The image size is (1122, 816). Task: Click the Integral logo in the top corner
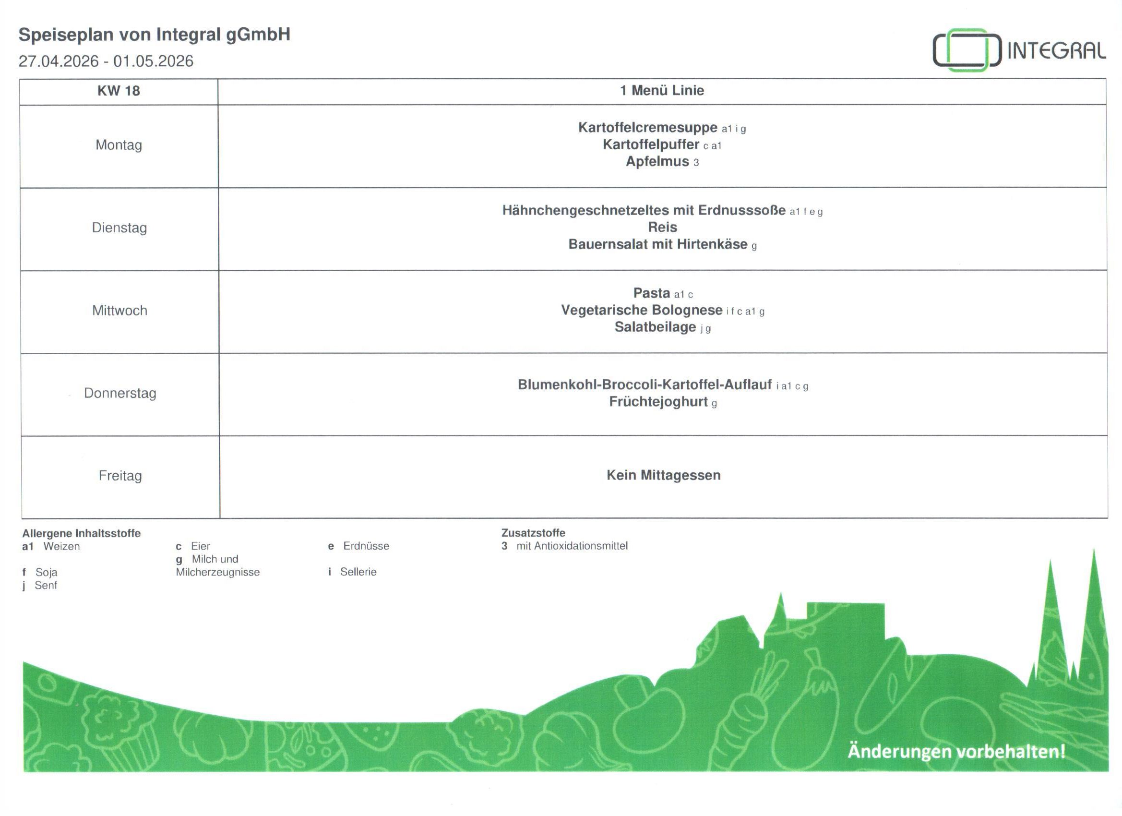[x=1019, y=50]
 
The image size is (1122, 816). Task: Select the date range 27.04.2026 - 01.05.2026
[x=106, y=61]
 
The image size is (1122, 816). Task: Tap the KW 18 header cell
[x=119, y=91]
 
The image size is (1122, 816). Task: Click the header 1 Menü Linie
[x=662, y=91]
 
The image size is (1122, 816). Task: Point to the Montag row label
[x=119, y=145]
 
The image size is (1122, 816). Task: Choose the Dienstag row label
[x=119, y=228]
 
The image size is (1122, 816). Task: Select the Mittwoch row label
[x=119, y=311]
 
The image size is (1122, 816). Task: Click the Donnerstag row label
[x=120, y=394]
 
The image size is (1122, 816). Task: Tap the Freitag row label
[x=120, y=476]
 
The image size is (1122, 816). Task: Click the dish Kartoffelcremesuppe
[x=647, y=128]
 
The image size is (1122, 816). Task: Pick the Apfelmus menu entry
[x=657, y=161]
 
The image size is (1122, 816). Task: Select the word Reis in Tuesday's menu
[x=662, y=227]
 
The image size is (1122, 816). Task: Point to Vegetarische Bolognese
[x=642, y=310]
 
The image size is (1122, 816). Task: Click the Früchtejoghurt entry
[x=658, y=402]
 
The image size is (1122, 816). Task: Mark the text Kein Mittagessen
[x=663, y=475]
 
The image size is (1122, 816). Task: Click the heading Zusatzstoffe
[x=533, y=533]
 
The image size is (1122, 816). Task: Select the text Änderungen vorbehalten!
[x=956, y=751]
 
